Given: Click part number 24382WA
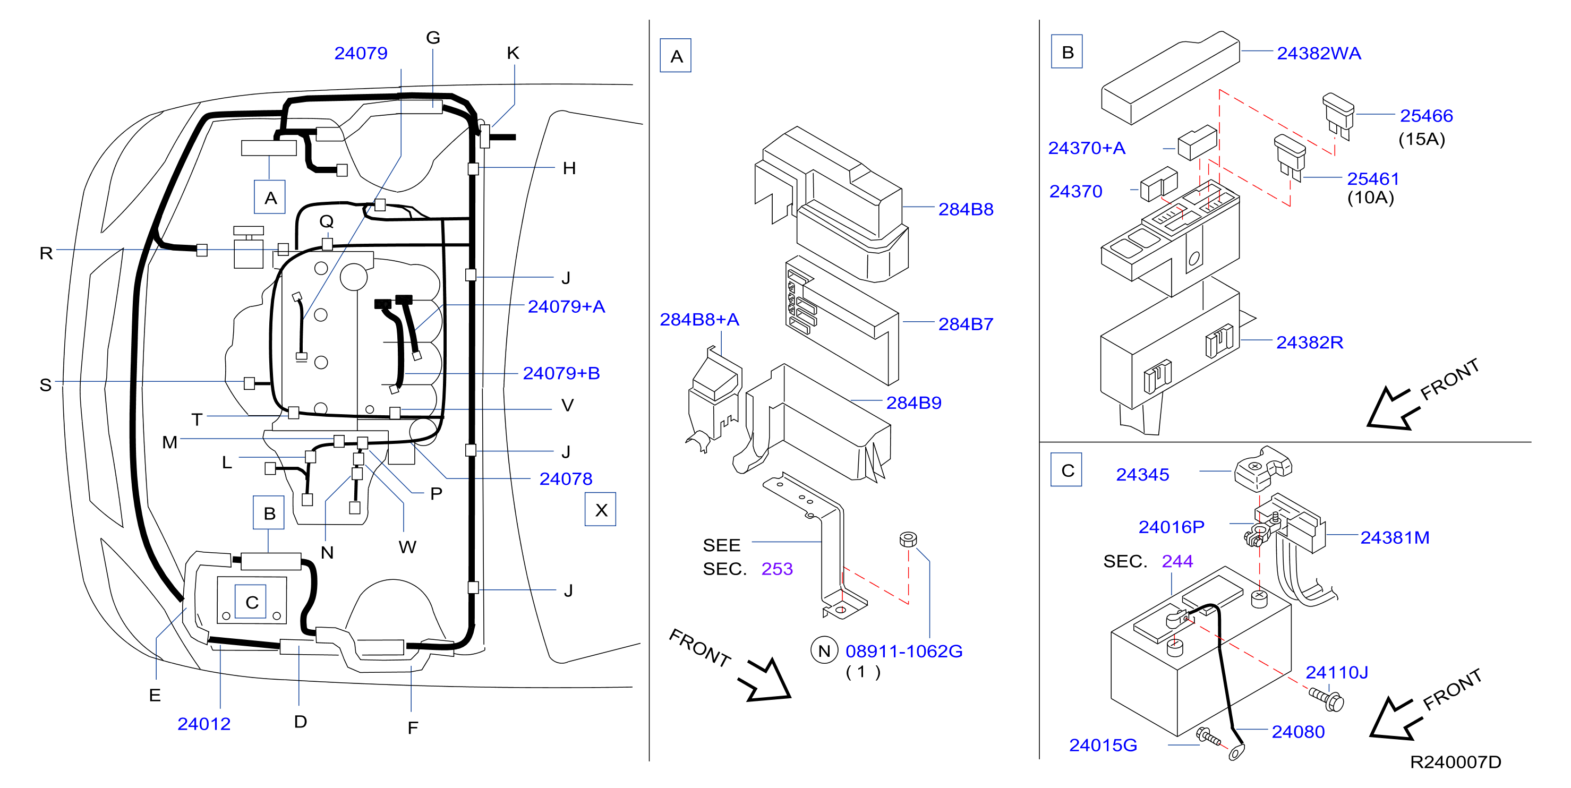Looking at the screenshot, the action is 1319,54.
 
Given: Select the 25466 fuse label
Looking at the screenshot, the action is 1426,116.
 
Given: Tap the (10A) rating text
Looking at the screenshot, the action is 1370,198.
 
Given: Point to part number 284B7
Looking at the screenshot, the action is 966,324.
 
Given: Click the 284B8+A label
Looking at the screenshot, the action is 699,320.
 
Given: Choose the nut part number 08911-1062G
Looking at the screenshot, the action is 904,652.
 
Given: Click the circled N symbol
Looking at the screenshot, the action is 824,652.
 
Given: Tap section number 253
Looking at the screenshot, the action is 777,569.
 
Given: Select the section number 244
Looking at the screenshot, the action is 1177,561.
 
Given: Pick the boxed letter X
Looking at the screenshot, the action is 601,510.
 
